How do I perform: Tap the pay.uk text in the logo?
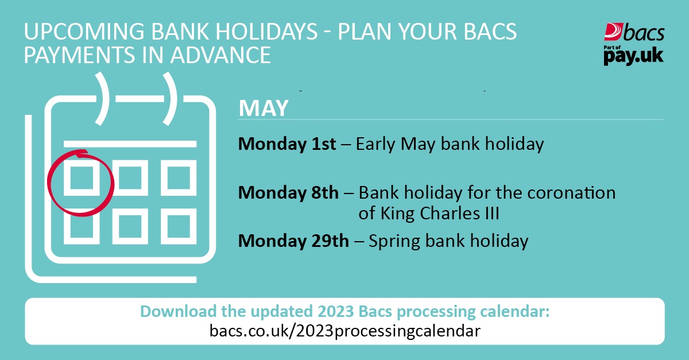(x=633, y=57)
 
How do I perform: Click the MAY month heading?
(x=264, y=108)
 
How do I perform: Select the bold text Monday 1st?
(x=287, y=144)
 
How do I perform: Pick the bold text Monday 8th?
(x=289, y=192)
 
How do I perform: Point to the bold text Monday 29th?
(x=293, y=241)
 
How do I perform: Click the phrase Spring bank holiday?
(x=448, y=241)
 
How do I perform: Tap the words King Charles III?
(x=439, y=214)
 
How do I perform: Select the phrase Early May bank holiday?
(x=450, y=144)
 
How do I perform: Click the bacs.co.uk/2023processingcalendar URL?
(x=344, y=331)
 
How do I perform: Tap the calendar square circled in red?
(x=81, y=179)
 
